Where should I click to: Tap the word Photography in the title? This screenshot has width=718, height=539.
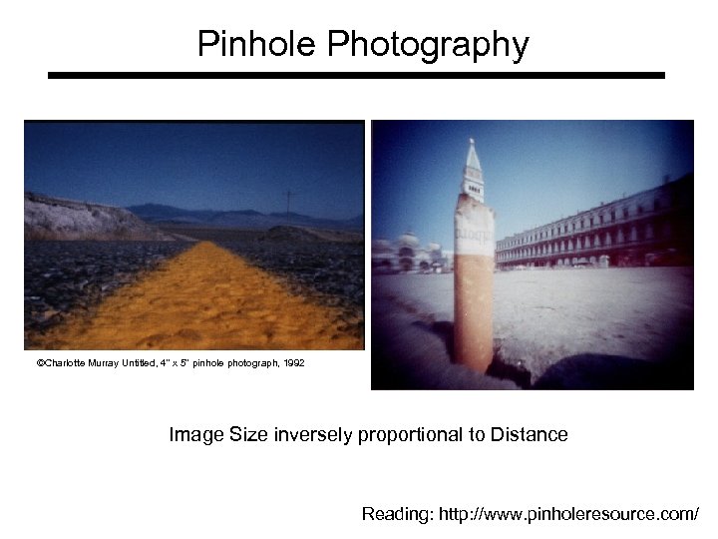click(x=428, y=46)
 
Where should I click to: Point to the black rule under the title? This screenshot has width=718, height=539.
click(x=356, y=75)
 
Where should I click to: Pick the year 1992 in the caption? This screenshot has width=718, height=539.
click(x=293, y=363)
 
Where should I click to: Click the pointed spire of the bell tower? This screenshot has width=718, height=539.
click(x=473, y=160)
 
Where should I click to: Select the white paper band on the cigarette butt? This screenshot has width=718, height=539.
click(x=475, y=235)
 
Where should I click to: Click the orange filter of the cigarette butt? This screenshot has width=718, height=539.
click(x=473, y=309)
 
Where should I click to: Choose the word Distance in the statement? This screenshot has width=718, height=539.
click(x=529, y=434)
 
